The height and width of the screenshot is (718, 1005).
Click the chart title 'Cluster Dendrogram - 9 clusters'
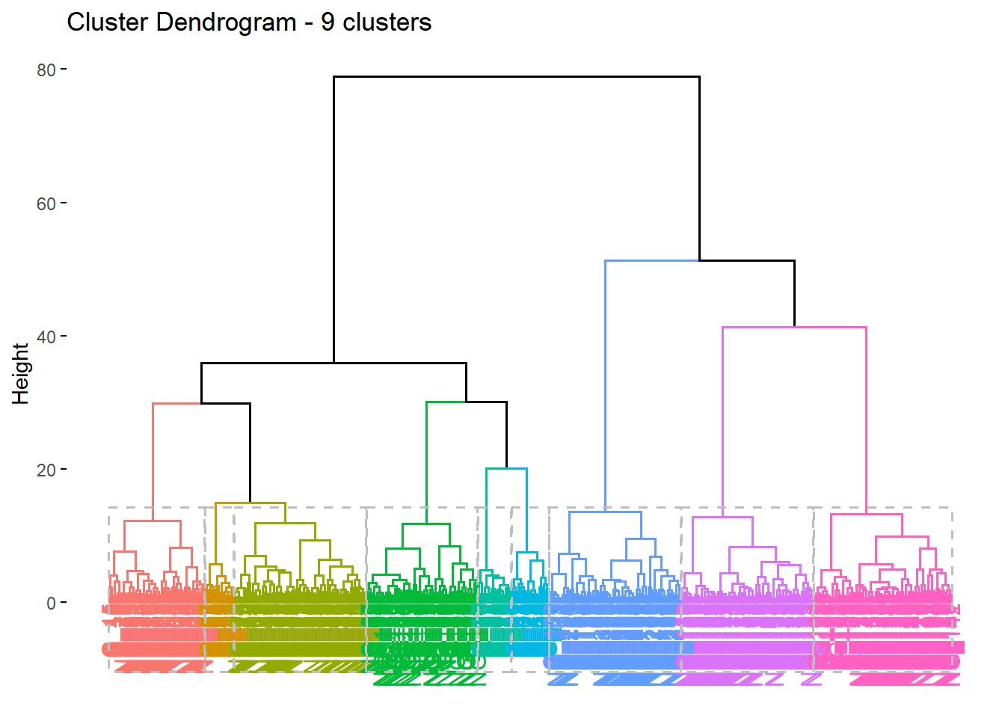point(249,22)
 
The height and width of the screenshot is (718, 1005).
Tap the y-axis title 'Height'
point(20,374)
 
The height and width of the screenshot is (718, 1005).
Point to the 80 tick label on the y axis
point(46,70)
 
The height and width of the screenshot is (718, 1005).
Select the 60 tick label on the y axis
point(46,203)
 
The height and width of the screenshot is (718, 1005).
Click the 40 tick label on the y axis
point(46,337)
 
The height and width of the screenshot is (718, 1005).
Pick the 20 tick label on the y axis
point(46,470)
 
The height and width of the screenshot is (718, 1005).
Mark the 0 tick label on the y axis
point(51,603)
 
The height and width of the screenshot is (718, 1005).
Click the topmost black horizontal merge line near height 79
point(516,76)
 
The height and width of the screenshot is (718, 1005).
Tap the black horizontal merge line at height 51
point(746,261)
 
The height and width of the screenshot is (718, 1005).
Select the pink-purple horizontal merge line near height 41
point(794,327)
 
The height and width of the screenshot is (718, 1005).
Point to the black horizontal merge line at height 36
point(334,363)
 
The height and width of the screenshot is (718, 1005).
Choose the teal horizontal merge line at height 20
point(506,469)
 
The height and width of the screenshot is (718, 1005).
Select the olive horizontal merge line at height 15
point(250,503)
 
